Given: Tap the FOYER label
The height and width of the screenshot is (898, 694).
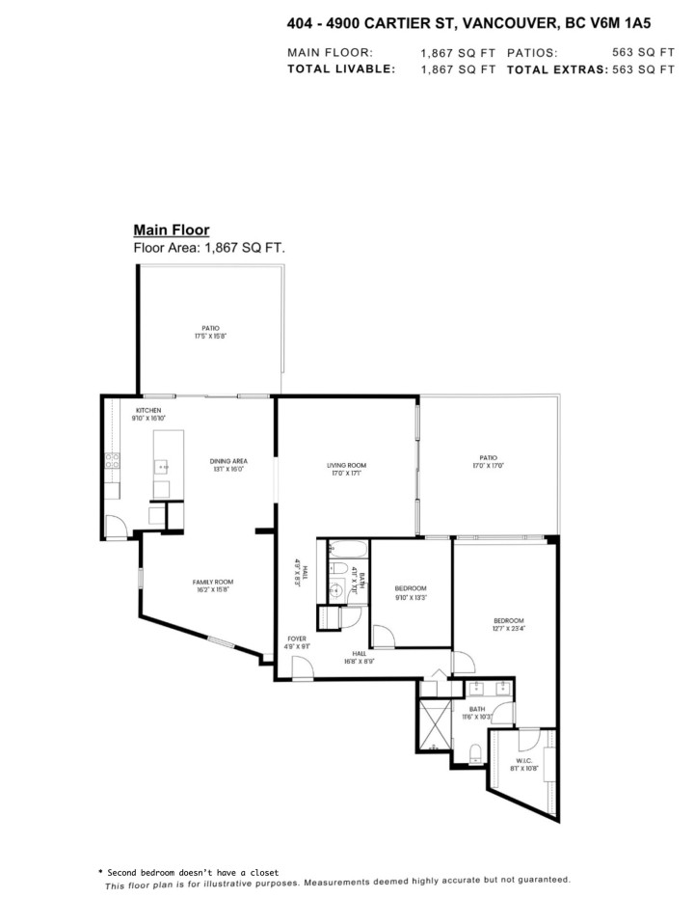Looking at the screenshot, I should [x=298, y=639].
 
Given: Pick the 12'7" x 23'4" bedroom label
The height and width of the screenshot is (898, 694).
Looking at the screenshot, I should [x=508, y=624].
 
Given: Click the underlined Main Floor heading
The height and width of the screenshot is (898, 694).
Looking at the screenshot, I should [x=171, y=230].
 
